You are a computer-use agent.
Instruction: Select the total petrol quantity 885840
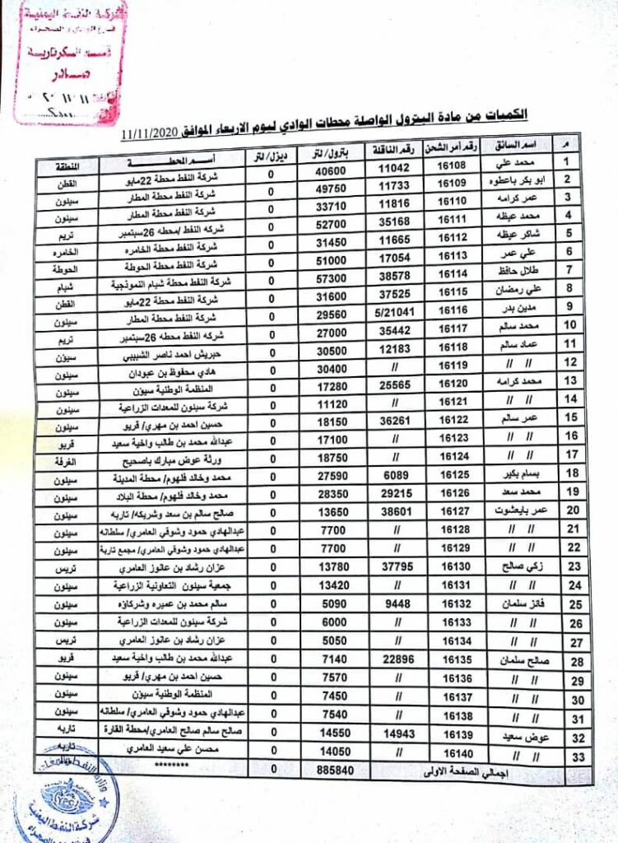point(338,770)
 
